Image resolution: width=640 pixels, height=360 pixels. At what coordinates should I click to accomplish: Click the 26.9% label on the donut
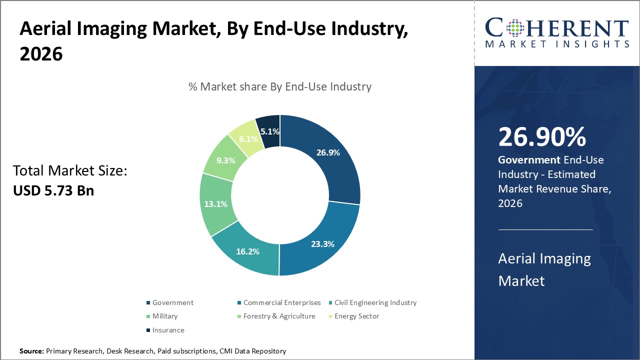pos(328,152)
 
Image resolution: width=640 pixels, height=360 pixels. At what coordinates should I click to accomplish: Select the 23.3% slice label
pos(322,244)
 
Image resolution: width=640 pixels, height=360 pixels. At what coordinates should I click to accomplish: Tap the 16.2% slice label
pos(247,251)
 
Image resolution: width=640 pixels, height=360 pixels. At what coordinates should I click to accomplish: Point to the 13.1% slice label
pos(216,204)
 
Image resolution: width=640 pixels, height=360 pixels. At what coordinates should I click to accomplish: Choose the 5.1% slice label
pos(269,132)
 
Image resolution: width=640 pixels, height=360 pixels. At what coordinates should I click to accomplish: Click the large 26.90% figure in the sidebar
pos(542,137)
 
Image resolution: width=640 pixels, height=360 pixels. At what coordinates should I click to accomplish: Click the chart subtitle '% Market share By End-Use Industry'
pos(280,86)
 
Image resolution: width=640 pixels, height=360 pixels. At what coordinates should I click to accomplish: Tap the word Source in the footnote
pos(31,351)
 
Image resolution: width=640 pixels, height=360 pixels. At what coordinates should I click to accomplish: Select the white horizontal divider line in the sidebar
pos(545,229)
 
